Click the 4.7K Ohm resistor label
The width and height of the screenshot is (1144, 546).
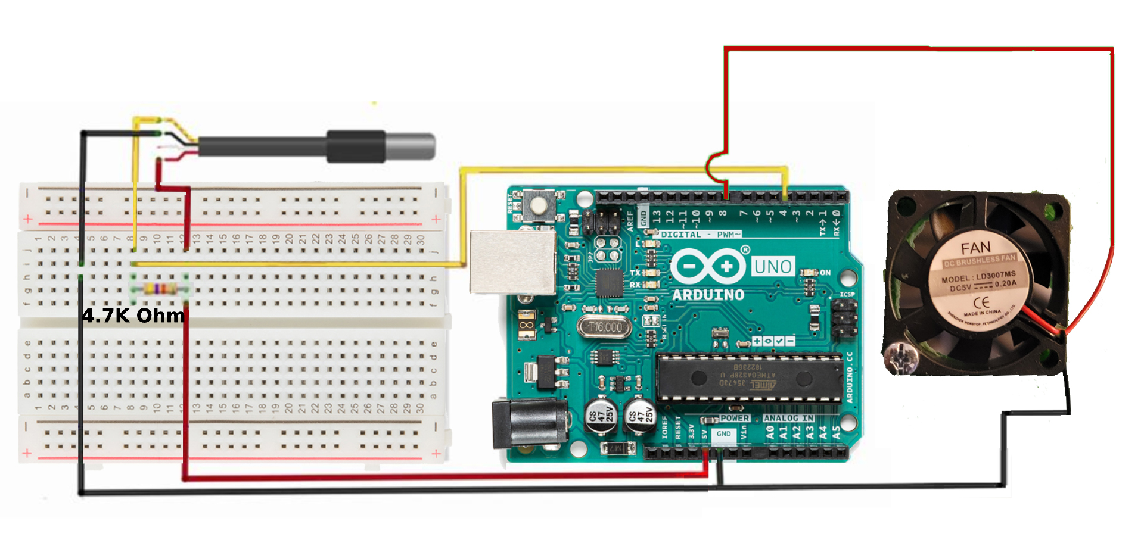133,316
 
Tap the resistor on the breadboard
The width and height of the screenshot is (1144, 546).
160,289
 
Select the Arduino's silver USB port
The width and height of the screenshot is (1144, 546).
511,263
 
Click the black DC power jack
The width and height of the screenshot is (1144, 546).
527,423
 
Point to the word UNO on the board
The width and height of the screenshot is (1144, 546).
773,267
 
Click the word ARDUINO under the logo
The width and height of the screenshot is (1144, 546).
708,295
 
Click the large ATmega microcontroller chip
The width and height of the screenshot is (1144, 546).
749,377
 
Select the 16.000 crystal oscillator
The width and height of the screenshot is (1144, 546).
604,327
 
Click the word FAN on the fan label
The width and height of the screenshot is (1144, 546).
975,248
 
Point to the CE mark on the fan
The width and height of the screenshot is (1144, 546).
981,302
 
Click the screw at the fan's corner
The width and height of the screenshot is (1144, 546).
900,357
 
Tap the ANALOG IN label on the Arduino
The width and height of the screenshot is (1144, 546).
788,418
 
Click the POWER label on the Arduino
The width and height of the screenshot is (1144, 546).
734,418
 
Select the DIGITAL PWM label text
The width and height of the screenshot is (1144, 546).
700,235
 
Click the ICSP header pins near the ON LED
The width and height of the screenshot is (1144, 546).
844,319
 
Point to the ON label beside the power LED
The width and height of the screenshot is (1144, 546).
825,273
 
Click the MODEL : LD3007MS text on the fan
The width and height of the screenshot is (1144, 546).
978,276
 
